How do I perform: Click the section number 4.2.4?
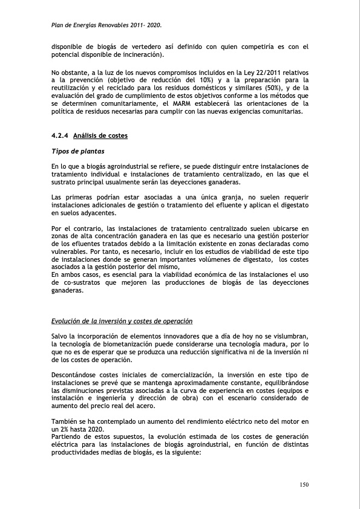pos(60,135)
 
